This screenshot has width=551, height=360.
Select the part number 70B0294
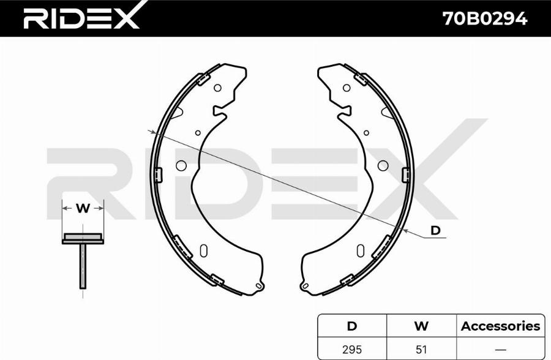[485, 18]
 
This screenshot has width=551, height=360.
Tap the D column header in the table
[352, 326]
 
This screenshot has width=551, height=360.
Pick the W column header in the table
[421, 326]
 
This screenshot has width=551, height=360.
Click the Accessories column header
[500, 326]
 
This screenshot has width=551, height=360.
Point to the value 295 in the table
[352, 350]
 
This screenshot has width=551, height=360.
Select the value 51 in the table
[421, 350]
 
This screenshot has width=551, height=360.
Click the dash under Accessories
[500, 350]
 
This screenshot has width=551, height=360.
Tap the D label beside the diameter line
[435, 230]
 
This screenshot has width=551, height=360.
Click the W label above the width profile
[83, 208]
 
